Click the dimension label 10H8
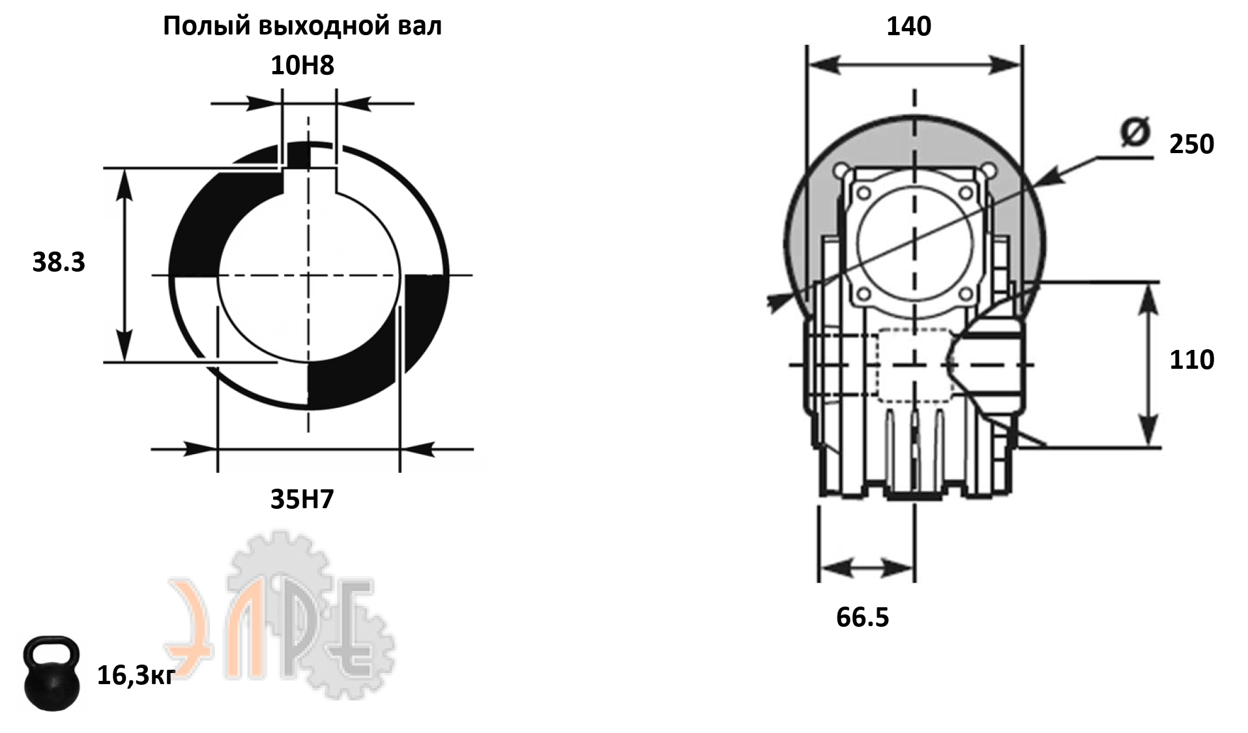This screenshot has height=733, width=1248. [x=302, y=65]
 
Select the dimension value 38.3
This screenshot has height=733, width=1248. [x=59, y=262]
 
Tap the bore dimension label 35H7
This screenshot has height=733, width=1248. [x=302, y=499]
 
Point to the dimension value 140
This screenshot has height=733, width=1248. [x=909, y=26]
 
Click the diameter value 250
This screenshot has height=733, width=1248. [x=1192, y=144]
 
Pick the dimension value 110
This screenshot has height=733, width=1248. [x=1192, y=360]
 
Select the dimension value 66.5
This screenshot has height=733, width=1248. [x=862, y=617]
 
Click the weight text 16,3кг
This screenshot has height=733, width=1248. [x=136, y=676]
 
